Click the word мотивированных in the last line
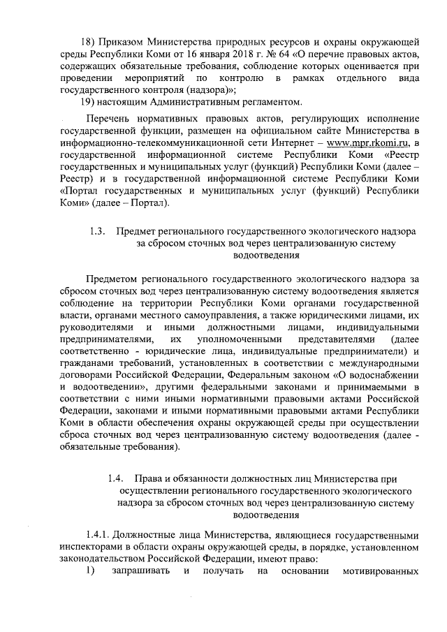[382, 572]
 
